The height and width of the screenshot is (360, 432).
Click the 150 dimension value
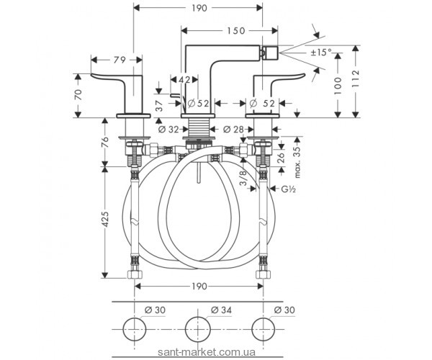(235, 30)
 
